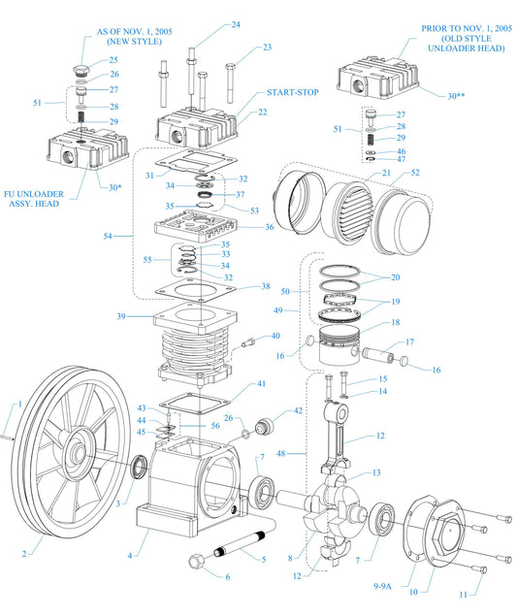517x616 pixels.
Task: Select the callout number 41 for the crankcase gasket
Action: pyautogui.click(x=261, y=384)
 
